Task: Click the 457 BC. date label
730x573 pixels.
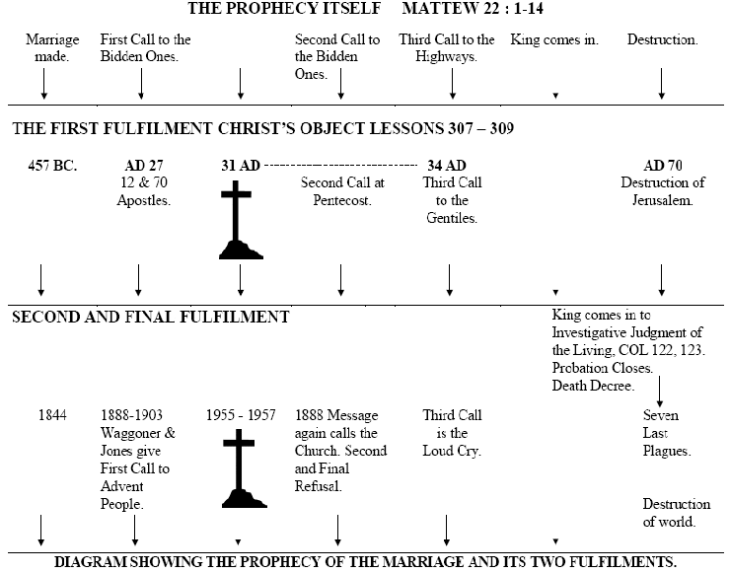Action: coord(52,166)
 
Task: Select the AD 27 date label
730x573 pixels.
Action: coord(144,166)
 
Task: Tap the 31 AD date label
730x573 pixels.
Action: coord(241,166)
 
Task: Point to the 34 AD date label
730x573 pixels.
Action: coord(447,166)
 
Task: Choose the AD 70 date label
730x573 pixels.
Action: coord(663,166)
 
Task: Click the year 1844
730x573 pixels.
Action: coord(52,415)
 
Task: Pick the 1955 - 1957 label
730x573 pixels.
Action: coord(241,415)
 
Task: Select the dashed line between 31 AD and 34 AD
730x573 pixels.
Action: coord(340,166)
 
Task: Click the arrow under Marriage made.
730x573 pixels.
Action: coord(43,83)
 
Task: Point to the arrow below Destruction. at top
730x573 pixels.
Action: coord(662,83)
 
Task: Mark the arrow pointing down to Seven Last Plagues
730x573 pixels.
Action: coord(659,392)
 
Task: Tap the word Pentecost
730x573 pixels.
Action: coord(342,200)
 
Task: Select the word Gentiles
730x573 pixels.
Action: coord(452,218)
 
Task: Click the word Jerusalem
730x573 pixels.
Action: coord(663,200)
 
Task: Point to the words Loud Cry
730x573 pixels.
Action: coord(452,451)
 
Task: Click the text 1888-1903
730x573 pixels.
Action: coord(132,415)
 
